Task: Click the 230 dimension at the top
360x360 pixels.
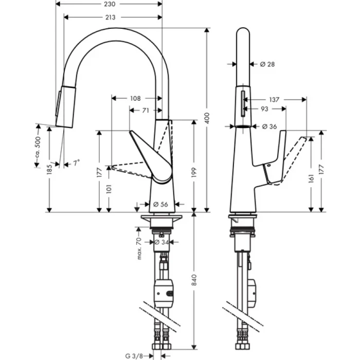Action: (x=110, y=4)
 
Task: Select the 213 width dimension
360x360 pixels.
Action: (x=110, y=17)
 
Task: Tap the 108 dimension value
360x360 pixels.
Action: (x=135, y=98)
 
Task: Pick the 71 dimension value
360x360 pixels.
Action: (x=145, y=110)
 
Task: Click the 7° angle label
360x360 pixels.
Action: (x=76, y=163)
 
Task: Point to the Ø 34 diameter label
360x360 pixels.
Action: (x=165, y=242)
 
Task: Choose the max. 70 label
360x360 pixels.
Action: (x=139, y=248)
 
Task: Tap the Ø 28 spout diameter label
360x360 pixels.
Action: (x=267, y=64)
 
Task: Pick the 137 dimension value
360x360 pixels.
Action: (x=274, y=99)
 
